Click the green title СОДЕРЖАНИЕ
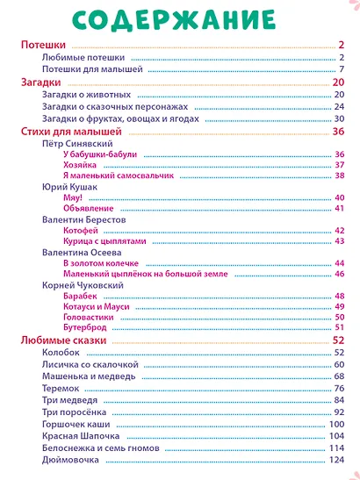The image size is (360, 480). click(x=174, y=20)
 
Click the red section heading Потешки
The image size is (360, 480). click(x=43, y=45)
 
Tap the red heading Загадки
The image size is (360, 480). click(x=40, y=82)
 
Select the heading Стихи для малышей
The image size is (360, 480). click(x=71, y=132)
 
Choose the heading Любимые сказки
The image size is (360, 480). click(x=64, y=340)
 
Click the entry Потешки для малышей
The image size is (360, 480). click(x=92, y=69)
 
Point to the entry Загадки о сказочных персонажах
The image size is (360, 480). click(x=115, y=107)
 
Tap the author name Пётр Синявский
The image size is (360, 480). click(x=77, y=144)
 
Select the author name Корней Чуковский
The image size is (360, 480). click(x=83, y=285)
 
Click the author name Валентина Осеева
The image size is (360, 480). click(x=82, y=253)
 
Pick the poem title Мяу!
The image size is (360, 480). click(x=73, y=197)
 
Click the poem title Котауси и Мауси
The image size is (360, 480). click(x=97, y=306)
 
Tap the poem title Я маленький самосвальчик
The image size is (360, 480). click(x=119, y=176)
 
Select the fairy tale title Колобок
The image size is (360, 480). click(x=61, y=353)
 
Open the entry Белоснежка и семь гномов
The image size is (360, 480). click(x=101, y=448)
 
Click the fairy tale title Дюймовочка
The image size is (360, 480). click(x=70, y=460)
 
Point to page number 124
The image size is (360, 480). click(x=336, y=460)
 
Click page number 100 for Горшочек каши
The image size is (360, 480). click(x=336, y=425)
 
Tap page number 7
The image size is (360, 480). click(x=342, y=69)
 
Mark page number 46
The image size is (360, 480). click(x=340, y=274)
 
